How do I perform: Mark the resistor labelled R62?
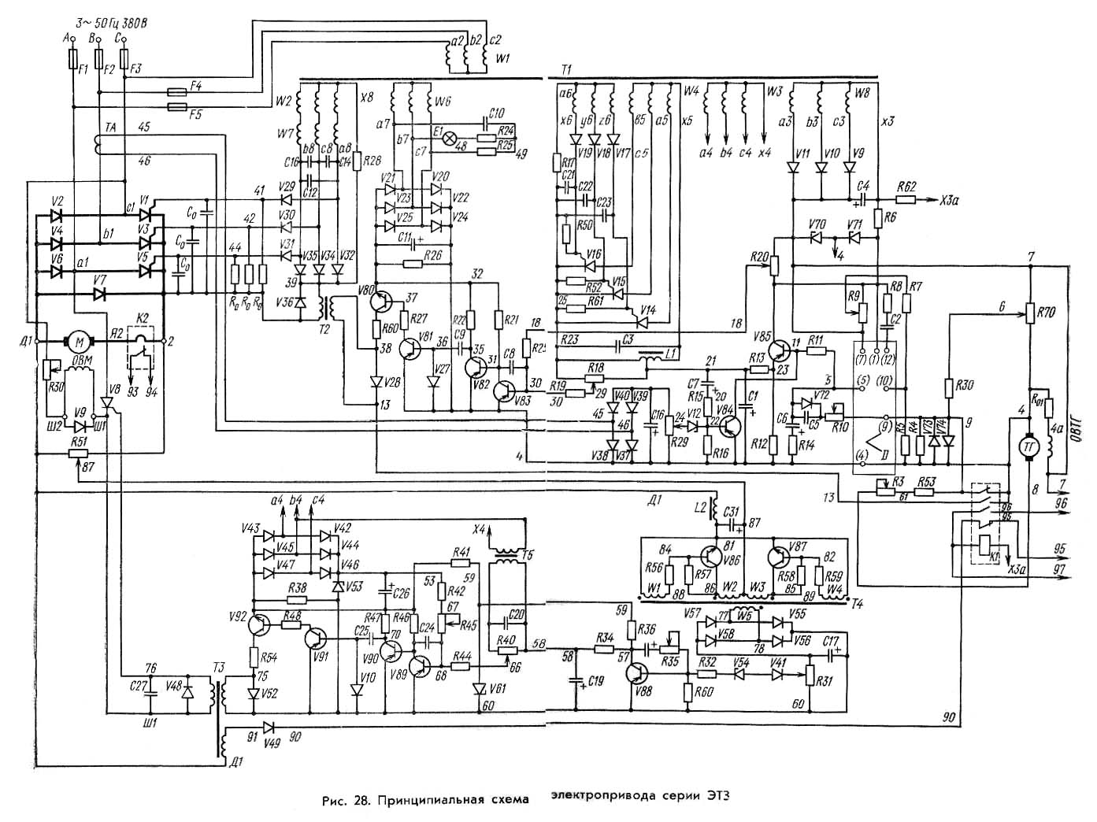coord(906,200)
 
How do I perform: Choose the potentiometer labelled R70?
coord(1029,313)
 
